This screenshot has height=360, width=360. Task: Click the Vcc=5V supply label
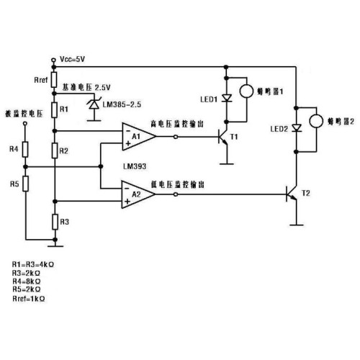coord(72,59)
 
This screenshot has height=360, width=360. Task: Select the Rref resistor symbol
coord(55,80)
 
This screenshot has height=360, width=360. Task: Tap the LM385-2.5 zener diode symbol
coord(94,104)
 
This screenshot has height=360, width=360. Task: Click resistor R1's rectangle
coord(55,110)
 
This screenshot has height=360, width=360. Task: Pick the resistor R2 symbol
coord(55,150)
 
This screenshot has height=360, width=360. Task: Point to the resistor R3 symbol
coord(55,222)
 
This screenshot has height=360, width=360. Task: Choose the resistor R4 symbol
coord(25,149)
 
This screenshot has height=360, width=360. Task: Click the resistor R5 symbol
coord(25,184)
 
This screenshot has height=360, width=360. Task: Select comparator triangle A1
coord(139,137)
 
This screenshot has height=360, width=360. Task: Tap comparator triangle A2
coord(138,194)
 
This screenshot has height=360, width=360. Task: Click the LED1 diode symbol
coord(226,98)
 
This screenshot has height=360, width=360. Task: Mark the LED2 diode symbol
coord(297,128)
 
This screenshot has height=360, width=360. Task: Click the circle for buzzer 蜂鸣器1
coord(246,91)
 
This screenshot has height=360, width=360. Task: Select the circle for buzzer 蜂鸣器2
coord(316,121)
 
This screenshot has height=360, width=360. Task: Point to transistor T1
coord(223,137)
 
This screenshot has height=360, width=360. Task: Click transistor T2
coord(292,194)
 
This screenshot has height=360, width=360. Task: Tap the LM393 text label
coord(135,166)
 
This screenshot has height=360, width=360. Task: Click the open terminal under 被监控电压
coord(25,123)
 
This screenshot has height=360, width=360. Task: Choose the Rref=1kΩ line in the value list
coord(29,299)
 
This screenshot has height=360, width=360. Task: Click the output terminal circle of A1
coord(176,137)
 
